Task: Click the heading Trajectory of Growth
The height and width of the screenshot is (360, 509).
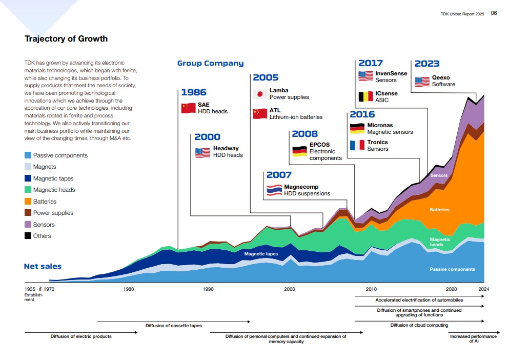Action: coord(66,39)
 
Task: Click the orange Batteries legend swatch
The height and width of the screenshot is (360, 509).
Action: coord(28,202)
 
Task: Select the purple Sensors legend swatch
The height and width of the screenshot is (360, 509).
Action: coord(28,225)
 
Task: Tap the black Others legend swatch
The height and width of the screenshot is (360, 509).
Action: coord(28,236)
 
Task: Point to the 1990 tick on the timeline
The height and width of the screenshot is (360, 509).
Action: coord(208,289)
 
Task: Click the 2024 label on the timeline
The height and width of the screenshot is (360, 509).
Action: coord(484,289)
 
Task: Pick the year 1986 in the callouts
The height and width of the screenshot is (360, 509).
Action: coord(194,93)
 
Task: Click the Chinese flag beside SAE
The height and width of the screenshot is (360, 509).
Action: coord(188,108)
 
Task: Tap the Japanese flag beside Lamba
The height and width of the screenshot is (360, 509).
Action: coord(260,94)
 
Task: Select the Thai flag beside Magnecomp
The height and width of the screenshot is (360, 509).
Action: coord(274,190)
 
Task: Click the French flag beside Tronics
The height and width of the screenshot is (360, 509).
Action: coord(357,145)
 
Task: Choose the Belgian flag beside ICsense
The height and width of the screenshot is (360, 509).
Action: coord(365,96)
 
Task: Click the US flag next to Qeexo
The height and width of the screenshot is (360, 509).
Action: coord(422,81)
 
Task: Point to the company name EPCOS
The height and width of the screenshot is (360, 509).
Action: coord(319,145)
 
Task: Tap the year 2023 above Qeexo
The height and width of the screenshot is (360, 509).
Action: coord(427,64)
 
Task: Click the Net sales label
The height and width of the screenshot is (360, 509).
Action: coord(43,266)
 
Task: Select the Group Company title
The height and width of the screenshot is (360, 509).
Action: coord(210,64)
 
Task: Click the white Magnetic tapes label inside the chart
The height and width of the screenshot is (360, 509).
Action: coord(261,254)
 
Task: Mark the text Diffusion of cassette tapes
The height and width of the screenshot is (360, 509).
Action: coord(173,326)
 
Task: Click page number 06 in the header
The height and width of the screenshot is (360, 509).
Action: coord(494,13)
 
